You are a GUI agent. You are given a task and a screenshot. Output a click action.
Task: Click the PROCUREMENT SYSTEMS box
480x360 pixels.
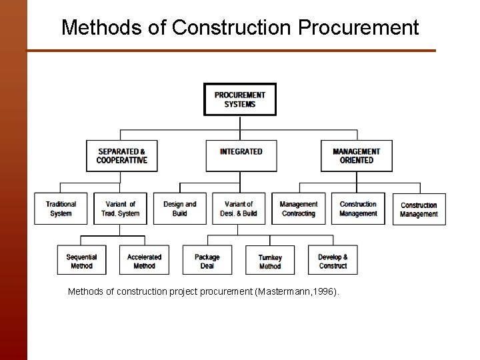pyautogui.click(x=239, y=99)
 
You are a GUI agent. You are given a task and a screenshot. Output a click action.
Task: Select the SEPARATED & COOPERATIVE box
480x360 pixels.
pyautogui.click(x=121, y=155)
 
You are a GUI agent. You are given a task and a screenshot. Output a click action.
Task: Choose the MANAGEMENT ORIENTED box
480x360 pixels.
pyautogui.click(x=356, y=155)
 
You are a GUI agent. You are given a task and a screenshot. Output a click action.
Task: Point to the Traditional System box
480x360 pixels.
pyautogui.click(x=61, y=209)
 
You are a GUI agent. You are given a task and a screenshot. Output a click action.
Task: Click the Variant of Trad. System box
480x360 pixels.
pyautogui.click(x=120, y=209)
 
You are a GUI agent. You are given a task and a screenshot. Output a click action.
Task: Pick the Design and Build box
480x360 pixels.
pyautogui.click(x=180, y=209)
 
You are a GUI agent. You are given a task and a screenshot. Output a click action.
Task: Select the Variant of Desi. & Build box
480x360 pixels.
pyautogui.click(x=239, y=209)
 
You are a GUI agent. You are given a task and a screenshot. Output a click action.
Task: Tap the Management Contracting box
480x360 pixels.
pyautogui.click(x=298, y=209)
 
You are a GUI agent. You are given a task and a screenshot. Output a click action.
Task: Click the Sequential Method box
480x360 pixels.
pyautogui.click(x=81, y=261)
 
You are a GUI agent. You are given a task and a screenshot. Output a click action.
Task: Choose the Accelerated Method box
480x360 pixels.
pyautogui.click(x=144, y=261)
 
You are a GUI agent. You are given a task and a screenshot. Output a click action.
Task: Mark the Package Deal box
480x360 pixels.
pyautogui.click(x=207, y=261)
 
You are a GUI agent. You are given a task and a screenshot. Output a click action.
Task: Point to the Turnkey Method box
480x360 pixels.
pyautogui.click(x=270, y=261)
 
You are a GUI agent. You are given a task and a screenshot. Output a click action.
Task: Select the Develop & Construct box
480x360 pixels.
pyautogui.click(x=333, y=261)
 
